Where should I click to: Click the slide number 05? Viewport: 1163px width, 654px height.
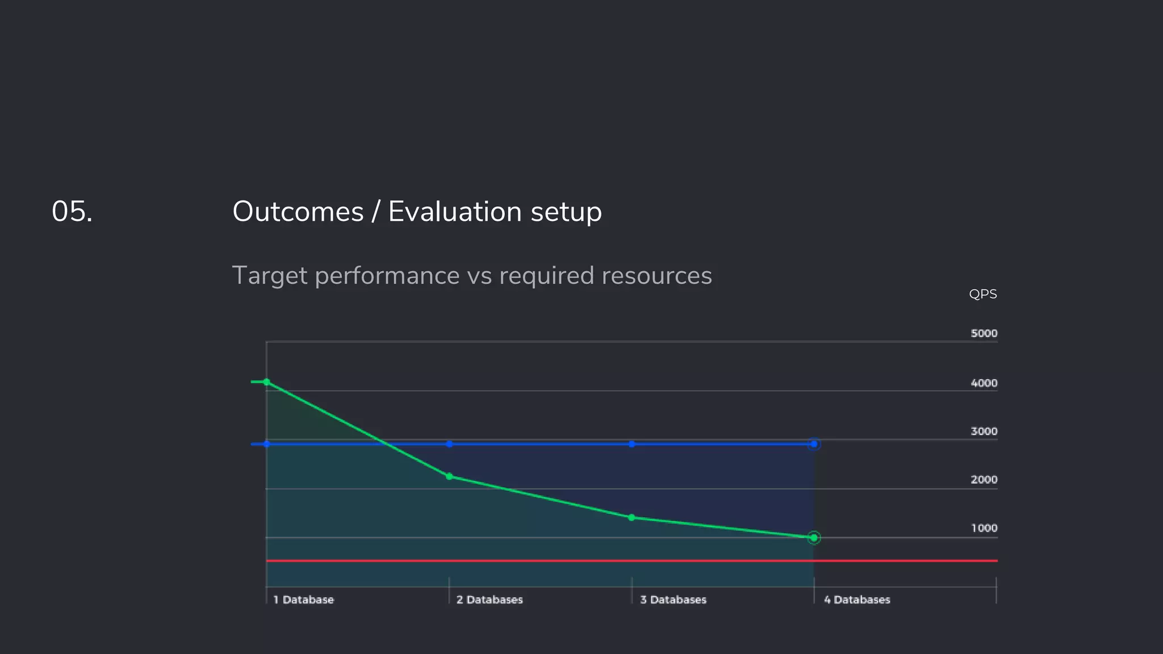click(72, 212)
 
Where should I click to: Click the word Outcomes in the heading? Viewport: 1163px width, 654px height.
click(298, 212)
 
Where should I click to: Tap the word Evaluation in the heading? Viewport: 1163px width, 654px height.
click(455, 212)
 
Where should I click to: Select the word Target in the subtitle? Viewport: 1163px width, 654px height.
click(270, 276)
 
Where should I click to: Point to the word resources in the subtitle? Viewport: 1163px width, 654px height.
click(656, 276)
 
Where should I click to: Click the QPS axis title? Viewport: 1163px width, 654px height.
click(982, 294)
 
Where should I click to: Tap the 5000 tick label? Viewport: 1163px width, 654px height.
click(984, 333)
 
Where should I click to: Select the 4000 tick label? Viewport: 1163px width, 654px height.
click(984, 383)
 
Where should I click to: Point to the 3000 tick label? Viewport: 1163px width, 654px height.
click(984, 431)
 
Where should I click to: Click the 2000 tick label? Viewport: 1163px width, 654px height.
click(984, 480)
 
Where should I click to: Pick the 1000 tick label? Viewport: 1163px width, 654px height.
click(984, 529)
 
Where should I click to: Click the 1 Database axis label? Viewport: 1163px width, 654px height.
click(304, 599)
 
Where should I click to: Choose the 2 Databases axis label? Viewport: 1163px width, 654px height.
click(490, 599)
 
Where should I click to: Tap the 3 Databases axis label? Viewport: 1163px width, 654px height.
click(673, 599)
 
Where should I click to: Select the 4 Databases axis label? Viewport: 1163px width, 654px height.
click(857, 599)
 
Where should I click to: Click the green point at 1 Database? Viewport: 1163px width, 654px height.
click(267, 382)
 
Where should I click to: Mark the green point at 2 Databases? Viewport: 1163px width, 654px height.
click(449, 476)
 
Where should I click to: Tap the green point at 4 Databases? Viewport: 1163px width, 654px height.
click(814, 538)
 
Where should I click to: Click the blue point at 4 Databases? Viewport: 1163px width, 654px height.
click(814, 444)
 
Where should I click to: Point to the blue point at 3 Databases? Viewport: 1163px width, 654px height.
click(631, 444)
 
